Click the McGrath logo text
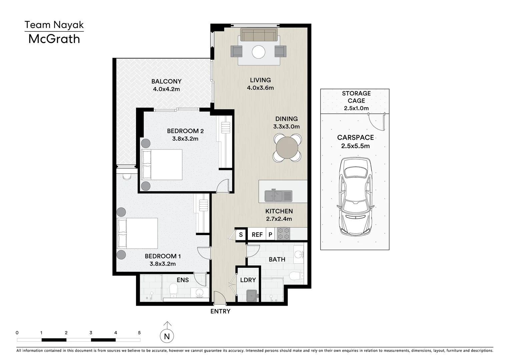tap(54, 39)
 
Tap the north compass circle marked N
tap(167, 336)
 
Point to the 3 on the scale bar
tap(91, 333)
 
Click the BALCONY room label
tap(166, 81)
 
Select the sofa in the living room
tap(259, 35)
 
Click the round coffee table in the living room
tap(259, 52)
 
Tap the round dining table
tap(287, 147)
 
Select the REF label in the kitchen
tap(257, 235)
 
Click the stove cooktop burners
tap(284, 233)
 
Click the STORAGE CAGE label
tap(356, 97)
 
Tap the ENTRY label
tap(220, 311)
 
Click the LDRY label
tap(248, 280)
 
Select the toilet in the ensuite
tap(173, 290)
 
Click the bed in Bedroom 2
tap(162, 165)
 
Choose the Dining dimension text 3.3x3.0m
tap(287, 127)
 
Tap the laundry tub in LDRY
tap(252, 296)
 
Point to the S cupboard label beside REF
tap(240, 235)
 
